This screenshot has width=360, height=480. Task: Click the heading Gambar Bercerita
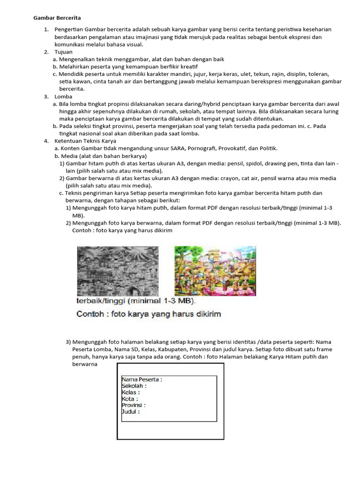pos(57,18)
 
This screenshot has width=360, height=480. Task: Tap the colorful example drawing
pos(215,270)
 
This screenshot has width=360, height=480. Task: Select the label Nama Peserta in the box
pos(142,380)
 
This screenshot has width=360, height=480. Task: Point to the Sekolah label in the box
pos(134,386)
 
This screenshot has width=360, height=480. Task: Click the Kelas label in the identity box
pos(131,392)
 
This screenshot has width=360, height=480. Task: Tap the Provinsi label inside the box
pos(134,405)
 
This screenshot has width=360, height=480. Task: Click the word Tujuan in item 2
pos(64,52)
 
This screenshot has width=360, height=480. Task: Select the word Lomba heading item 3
pos(63,97)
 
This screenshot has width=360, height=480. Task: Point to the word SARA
pos(176,149)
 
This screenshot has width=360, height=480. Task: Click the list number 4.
pos(46,141)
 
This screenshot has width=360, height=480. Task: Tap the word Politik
pos(267,149)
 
